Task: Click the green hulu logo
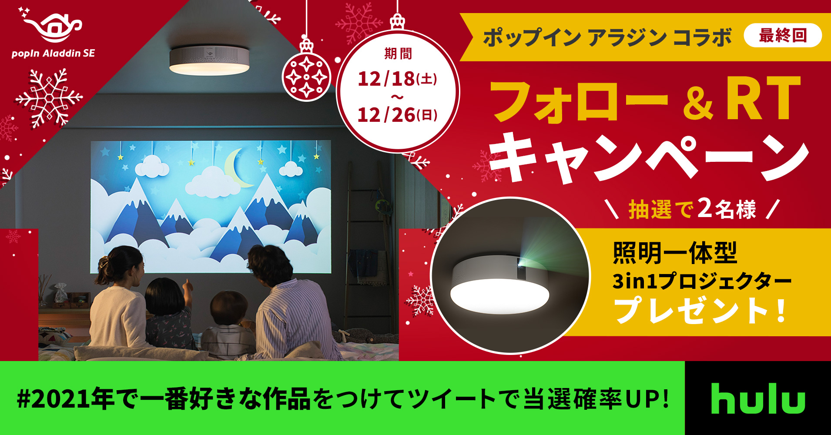tap(758, 398)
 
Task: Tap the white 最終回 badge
tap(783, 35)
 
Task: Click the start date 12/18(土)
tap(397, 79)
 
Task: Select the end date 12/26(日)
tap(397, 115)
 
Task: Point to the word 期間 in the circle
tap(398, 54)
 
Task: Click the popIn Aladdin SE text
tap(53, 54)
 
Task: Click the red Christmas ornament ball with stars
tap(306, 75)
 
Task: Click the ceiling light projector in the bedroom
tap(209, 59)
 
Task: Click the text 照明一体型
tap(675, 253)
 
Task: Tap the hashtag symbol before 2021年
tap(23, 399)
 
